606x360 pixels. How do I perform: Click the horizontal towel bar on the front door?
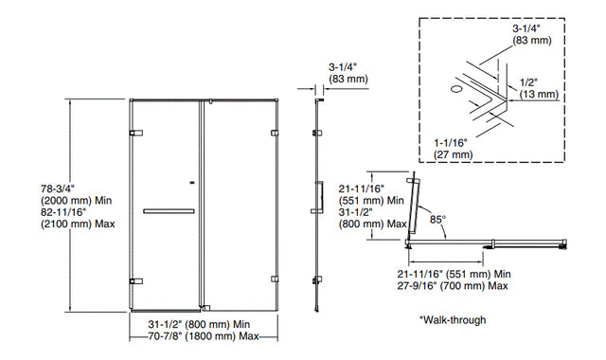(x=169, y=210)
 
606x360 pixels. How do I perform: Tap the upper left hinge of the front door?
(x=136, y=132)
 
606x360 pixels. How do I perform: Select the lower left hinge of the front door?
(x=136, y=279)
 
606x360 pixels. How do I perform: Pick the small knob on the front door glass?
(x=193, y=184)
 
